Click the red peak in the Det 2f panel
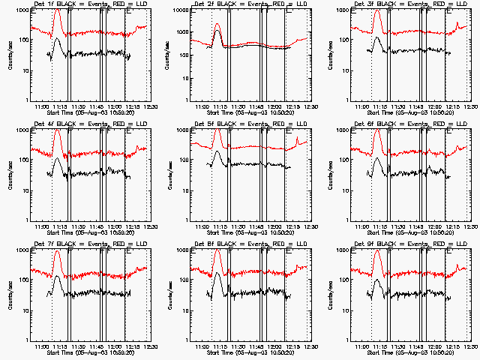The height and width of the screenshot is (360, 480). point(217,25)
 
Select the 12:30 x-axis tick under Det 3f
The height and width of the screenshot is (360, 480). point(469,107)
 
